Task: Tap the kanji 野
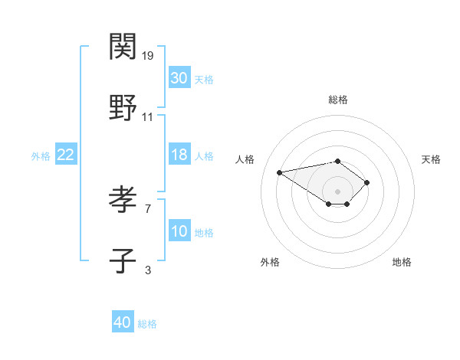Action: pyautogui.click(x=123, y=108)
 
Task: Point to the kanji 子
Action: pyautogui.click(x=123, y=261)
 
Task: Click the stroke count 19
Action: pyautogui.click(x=149, y=55)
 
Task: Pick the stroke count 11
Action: pyautogui.click(x=148, y=117)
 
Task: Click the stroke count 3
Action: pyautogui.click(x=148, y=270)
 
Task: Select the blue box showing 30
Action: pyautogui.click(x=179, y=78)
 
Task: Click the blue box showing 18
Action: pyautogui.click(x=179, y=155)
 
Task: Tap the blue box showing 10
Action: pyautogui.click(x=179, y=231)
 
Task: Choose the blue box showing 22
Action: pyautogui.click(x=66, y=155)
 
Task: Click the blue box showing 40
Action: pyautogui.click(x=123, y=323)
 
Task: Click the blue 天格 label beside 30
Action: pyautogui.click(x=204, y=79)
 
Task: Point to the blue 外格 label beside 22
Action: pyautogui.click(x=41, y=155)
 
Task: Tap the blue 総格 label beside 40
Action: pyautogui.click(x=147, y=324)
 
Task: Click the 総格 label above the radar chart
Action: pyautogui.click(x=338, y=100)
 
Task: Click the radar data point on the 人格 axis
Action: pyautogui.click(x=280, y=172)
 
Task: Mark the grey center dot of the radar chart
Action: pyautogui.click(x=337, y=191)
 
